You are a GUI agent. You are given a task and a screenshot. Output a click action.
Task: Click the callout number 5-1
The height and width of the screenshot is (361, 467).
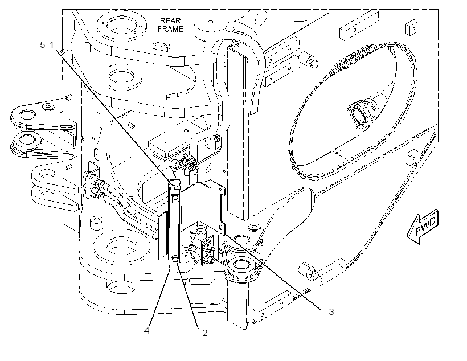point(47,45)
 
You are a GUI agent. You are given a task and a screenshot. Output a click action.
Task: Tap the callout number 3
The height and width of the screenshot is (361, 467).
point(331,311)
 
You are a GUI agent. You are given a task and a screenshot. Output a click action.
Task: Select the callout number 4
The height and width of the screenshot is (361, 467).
point(146,330)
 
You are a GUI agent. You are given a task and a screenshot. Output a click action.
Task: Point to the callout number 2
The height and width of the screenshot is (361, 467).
point(204,333)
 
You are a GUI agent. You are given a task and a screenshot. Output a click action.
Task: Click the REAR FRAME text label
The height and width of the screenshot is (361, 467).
point(170,24)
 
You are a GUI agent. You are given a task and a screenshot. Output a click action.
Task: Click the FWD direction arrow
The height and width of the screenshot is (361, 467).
point(423,226)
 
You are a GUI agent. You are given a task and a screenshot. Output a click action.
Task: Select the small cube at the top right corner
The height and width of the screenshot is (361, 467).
point(411,27)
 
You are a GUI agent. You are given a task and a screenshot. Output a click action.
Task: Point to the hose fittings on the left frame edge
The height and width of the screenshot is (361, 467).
point(95,186)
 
